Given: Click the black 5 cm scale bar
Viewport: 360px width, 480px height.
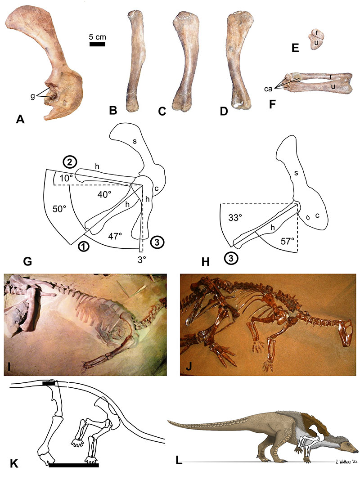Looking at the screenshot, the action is [97, 45].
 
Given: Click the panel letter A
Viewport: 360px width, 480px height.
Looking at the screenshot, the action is [20, 119].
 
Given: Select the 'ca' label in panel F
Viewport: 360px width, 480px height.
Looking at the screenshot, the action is [268, 89].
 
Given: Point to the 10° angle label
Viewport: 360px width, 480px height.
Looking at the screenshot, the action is [66, 178].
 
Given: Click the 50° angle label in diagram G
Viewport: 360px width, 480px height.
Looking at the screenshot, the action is [59, 209].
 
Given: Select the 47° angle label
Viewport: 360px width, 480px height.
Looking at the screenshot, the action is [115, 236].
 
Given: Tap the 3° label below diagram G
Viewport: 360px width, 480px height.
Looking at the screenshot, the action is [141, 259].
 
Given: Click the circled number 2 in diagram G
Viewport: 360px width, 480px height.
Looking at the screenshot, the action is [70, 162].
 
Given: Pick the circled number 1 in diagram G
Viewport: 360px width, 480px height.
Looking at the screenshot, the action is [84, 246].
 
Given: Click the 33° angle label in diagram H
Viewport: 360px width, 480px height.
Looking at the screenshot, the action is [235, 218].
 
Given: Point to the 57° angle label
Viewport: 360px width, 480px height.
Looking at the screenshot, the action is [287, 241].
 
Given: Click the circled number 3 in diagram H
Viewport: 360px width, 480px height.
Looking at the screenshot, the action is [231, 259].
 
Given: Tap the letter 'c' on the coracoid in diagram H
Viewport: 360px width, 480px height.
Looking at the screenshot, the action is [317, 216].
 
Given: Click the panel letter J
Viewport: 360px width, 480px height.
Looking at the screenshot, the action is [189, 366].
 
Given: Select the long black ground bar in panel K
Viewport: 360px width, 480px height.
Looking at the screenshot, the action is [74, 465].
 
